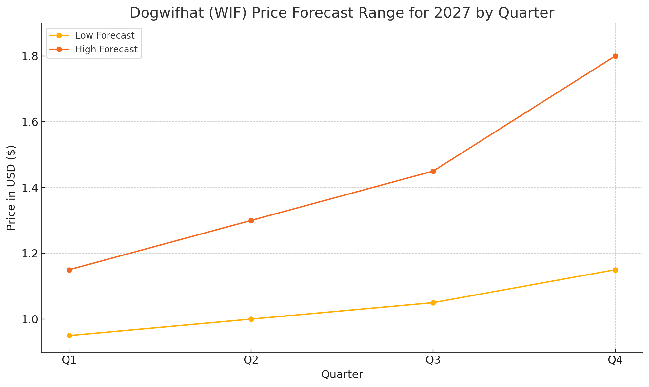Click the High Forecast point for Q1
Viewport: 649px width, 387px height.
69,270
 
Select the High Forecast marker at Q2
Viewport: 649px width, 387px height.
251,220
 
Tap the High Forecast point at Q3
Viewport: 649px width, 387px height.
433,171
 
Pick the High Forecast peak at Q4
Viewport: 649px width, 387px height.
615,56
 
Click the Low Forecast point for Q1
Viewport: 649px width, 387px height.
69,336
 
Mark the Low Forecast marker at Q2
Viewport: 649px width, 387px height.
251,319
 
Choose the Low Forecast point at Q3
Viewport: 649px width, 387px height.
433,303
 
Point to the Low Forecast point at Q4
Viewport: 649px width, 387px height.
615,270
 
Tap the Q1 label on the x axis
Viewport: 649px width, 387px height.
69,360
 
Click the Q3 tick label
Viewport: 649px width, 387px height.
433,360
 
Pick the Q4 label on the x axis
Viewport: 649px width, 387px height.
615,360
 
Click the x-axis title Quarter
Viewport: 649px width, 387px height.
342,375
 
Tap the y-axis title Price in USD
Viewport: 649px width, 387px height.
11,188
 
